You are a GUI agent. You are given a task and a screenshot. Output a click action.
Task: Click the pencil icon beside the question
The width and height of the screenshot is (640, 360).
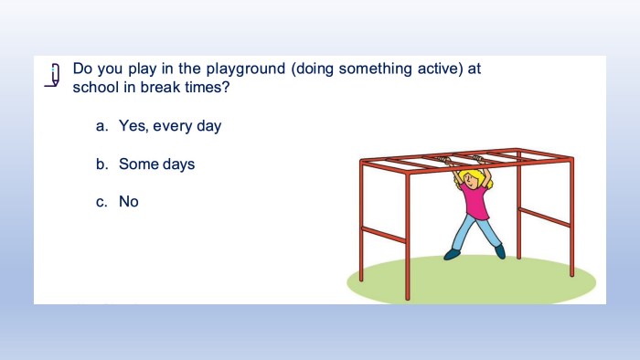[53, 75]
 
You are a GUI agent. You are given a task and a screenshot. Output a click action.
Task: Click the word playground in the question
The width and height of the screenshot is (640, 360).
[245, 69]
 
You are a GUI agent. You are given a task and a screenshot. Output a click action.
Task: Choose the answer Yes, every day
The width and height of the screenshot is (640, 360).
[170, 126]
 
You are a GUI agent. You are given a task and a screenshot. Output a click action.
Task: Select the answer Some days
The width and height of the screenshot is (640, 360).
[156, 164]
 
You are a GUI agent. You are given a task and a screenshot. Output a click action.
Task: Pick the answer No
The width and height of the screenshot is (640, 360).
[129, 201]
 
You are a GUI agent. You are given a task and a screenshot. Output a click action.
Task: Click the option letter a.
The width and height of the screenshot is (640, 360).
[101, 126]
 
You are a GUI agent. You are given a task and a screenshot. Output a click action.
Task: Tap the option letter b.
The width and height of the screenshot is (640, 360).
[102, 164]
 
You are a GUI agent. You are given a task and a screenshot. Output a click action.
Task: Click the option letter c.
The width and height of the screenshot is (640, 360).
[101, 202]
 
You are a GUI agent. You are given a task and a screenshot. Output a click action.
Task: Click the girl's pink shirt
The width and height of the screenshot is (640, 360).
[475, 201]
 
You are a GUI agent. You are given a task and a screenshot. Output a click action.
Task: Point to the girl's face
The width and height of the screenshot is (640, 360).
[472, 181]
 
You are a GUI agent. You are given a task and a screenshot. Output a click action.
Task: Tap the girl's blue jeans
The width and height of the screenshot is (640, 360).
[476, 232]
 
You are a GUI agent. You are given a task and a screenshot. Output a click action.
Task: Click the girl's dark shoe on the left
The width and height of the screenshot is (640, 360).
[452, 254]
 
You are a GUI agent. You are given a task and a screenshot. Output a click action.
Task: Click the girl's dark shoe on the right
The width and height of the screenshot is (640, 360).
[500, 251]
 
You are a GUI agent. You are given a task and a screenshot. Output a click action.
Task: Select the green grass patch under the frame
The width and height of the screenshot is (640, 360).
[471, 281]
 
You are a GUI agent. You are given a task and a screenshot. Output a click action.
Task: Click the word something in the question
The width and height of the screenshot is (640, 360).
[375, 69]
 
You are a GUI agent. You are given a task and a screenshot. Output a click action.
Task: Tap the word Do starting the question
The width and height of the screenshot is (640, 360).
[82, 69]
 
